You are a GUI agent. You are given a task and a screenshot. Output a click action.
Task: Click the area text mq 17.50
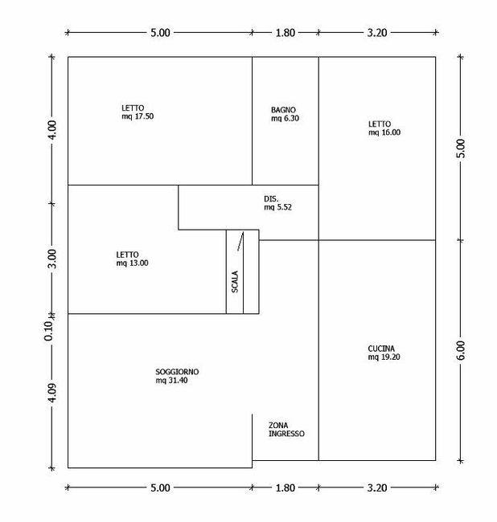pyautogui.click(x=138, y=116)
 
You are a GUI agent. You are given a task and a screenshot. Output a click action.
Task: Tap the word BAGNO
pyautogui.click(x=283, y=110)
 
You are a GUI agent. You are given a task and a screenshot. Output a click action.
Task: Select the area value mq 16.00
pyautogui.click(x=384, y=133)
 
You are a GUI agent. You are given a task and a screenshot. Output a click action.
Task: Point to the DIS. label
pyautogui.click(x=271, y=198)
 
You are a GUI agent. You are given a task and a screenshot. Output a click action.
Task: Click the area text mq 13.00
pyautogui.click(x=133, y=263)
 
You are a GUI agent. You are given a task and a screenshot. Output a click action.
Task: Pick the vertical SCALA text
pyautogui.click(x=235, y=282)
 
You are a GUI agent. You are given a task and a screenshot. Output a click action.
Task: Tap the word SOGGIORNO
pyautogui.click(x=177, y=372)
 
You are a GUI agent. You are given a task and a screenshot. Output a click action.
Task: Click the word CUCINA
pyautogui.click(x=381, y=349)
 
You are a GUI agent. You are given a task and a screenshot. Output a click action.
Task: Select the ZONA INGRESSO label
pyautogui.click(x=286, y=430)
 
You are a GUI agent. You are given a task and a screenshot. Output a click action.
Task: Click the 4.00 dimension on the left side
pyautogui.click(x=52, y=130)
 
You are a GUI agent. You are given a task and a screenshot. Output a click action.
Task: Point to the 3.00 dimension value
pyautogui.click(x=52, y=259)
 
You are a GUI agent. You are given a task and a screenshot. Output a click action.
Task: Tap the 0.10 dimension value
pyautogui.click(x=49, y=331)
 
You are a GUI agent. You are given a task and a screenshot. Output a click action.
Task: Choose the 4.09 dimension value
pyautogui.click(x=52, y=393)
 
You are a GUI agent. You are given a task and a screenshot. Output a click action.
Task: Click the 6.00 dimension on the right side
pyautogui.click(x=461, y=350)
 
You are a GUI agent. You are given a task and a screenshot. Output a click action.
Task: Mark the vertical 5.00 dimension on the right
pyautogui.click(x=461, y=149)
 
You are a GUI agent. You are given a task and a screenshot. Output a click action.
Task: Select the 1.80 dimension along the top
pyautogui.click(x=285, y=33)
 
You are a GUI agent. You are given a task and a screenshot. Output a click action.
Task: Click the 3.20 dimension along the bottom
pyautogui.click(x=377, y=488)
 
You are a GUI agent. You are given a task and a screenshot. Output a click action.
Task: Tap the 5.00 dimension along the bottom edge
pyautogui.click(x=160, y=488)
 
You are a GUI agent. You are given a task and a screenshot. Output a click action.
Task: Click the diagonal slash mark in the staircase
pyautogui.click(x=240, y=242)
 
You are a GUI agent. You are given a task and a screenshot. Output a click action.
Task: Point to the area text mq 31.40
pyautogui.click(x=171, y=381)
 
